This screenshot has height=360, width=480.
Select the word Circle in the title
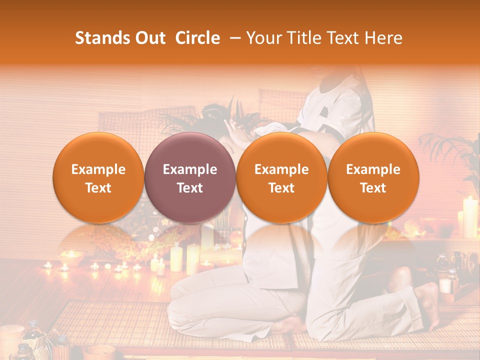(197, 38)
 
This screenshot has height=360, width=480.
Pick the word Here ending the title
(384, 38)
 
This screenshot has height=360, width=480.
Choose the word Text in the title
(344, 38)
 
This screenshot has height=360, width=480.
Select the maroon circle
(190, 177)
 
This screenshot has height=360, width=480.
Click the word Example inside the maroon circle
(190, 169)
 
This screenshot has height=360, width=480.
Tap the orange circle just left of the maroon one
(98, 177)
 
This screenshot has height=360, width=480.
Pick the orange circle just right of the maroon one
(281, 177)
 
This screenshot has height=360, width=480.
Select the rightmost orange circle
(373, 177)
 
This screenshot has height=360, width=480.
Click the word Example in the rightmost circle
(373, 169)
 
